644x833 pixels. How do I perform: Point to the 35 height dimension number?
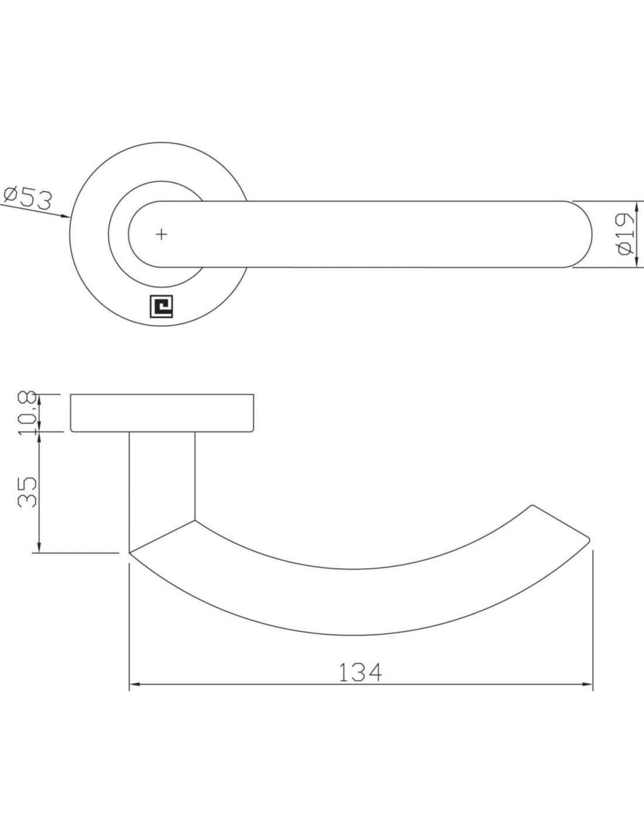27,492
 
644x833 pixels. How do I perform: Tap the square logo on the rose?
161,306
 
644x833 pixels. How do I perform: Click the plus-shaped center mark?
162,234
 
